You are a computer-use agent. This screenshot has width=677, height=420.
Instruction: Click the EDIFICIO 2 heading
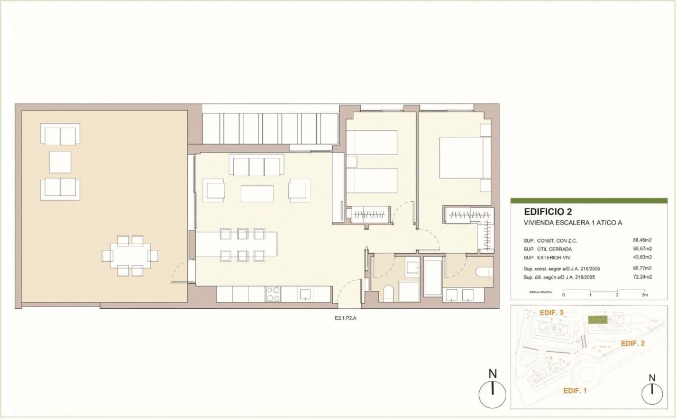pos(548,211)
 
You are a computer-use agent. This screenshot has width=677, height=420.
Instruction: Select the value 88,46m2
pos(642,240)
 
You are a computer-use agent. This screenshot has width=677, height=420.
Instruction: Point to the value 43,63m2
pos(642,257)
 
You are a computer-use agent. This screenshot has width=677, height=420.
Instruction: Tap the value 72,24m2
pos(642,276)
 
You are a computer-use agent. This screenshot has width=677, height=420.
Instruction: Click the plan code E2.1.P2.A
pos(345,318)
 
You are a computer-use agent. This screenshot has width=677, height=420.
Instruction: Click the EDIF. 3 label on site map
pos(552,313)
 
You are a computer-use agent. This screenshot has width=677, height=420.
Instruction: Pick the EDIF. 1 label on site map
pos(575,391)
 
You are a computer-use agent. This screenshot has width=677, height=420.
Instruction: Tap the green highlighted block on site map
pos(598,319)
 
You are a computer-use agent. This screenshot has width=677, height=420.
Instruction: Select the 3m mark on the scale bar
pos(645,294)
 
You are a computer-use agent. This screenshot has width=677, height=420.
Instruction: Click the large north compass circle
pos(492,395)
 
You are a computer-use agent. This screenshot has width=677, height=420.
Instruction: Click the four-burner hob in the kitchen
pos(273,294)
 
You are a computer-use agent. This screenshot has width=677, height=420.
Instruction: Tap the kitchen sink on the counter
pos(305,294)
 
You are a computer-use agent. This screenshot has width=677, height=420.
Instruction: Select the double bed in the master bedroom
pos(465,158)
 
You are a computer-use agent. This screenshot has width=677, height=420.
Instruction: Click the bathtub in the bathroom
pos(433,276)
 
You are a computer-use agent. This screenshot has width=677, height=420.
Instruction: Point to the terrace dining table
pos(130,256)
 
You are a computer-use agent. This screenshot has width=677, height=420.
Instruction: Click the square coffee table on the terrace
pos(60,162)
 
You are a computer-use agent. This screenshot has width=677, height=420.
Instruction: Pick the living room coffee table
pos(257,194)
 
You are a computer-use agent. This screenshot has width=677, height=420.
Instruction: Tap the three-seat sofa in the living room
pos(257,165)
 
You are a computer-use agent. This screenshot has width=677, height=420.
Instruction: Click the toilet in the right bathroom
pos(484,272)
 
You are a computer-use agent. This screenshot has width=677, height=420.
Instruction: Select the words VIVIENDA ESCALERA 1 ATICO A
pos(573,223)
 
